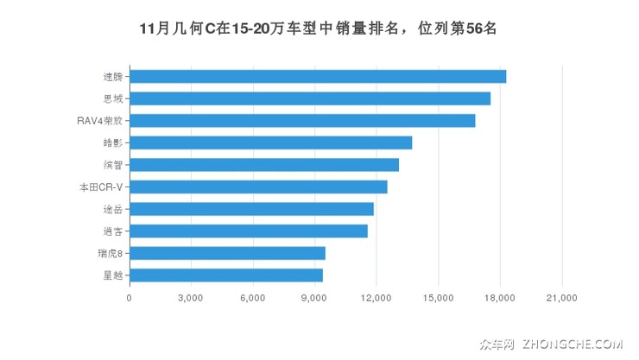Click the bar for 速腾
tap(318, 76)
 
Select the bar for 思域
tap(310, 98)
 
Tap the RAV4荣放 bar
tap(302, 120)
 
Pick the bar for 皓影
tap(270, 142)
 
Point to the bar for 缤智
tap(264, 165)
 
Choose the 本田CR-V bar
tap(258, 186)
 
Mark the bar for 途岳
tap(251, 209)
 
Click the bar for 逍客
tap(249, 231)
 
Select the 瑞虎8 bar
tap(227, 253)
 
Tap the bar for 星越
tap(226, 275)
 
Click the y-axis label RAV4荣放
tap(99, 120)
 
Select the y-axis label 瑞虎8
tap(110, 253)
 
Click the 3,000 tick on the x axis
tap(191, 298)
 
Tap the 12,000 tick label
tap(376, 298)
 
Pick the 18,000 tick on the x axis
tap(500, 298)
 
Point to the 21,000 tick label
tap(562, 298)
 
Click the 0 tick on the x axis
tap(130, 298)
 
